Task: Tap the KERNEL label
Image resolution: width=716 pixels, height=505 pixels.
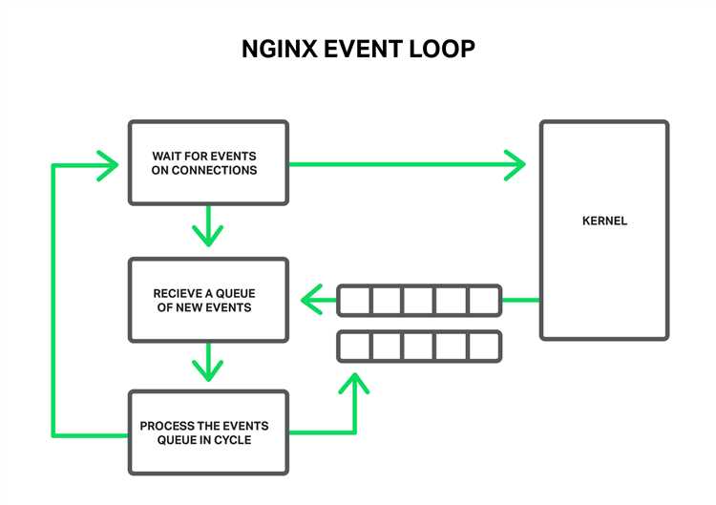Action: (604, 221)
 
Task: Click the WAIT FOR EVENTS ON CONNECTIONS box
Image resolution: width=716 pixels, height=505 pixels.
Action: (208, 162)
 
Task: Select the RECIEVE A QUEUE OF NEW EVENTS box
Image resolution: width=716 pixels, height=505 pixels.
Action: (208, 300)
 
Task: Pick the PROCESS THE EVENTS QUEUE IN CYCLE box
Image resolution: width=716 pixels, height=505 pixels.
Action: (208, 432)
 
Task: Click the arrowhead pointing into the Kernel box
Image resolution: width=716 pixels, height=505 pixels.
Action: (516, 164)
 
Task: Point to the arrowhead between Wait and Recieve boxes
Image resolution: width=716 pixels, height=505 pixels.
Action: (208, 235)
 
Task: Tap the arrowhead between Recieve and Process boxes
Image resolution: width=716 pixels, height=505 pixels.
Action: (208, 369)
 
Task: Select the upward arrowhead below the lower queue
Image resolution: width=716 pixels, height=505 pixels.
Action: (354, 385)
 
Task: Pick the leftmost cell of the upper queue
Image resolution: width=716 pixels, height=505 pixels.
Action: (354, 301)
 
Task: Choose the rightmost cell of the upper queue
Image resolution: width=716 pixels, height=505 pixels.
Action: (484, 301)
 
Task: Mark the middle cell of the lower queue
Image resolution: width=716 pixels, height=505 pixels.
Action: (419, 346)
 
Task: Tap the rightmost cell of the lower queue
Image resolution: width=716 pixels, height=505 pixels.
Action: (484, 346)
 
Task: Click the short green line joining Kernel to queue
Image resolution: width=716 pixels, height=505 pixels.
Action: (520, 301)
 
